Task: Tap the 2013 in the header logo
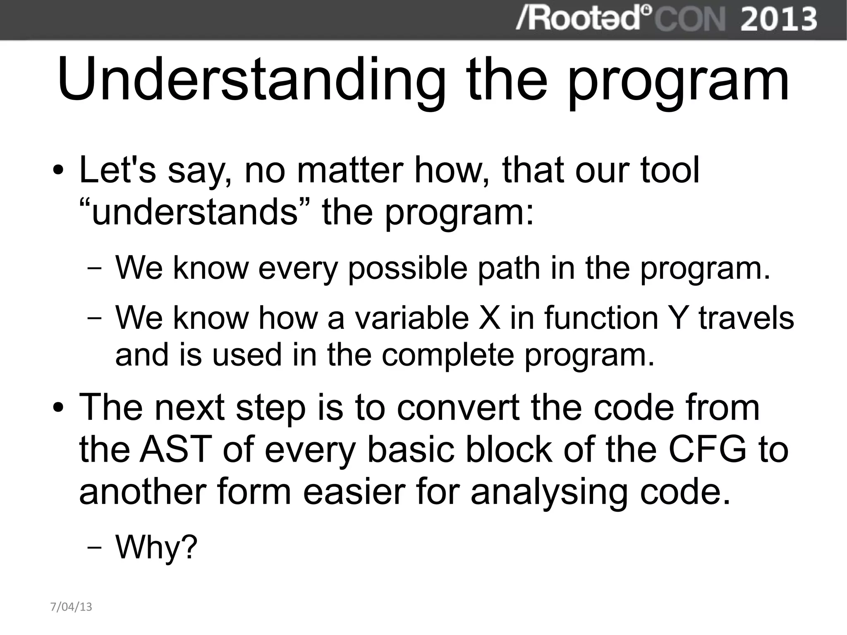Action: tap(778, 19)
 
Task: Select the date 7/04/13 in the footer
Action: tap(71, 607)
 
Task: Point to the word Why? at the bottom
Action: tap(156, 547)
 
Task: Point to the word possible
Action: tap(407, 268)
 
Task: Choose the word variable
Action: tap(412, 318)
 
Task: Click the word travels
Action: tap(747, 318)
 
